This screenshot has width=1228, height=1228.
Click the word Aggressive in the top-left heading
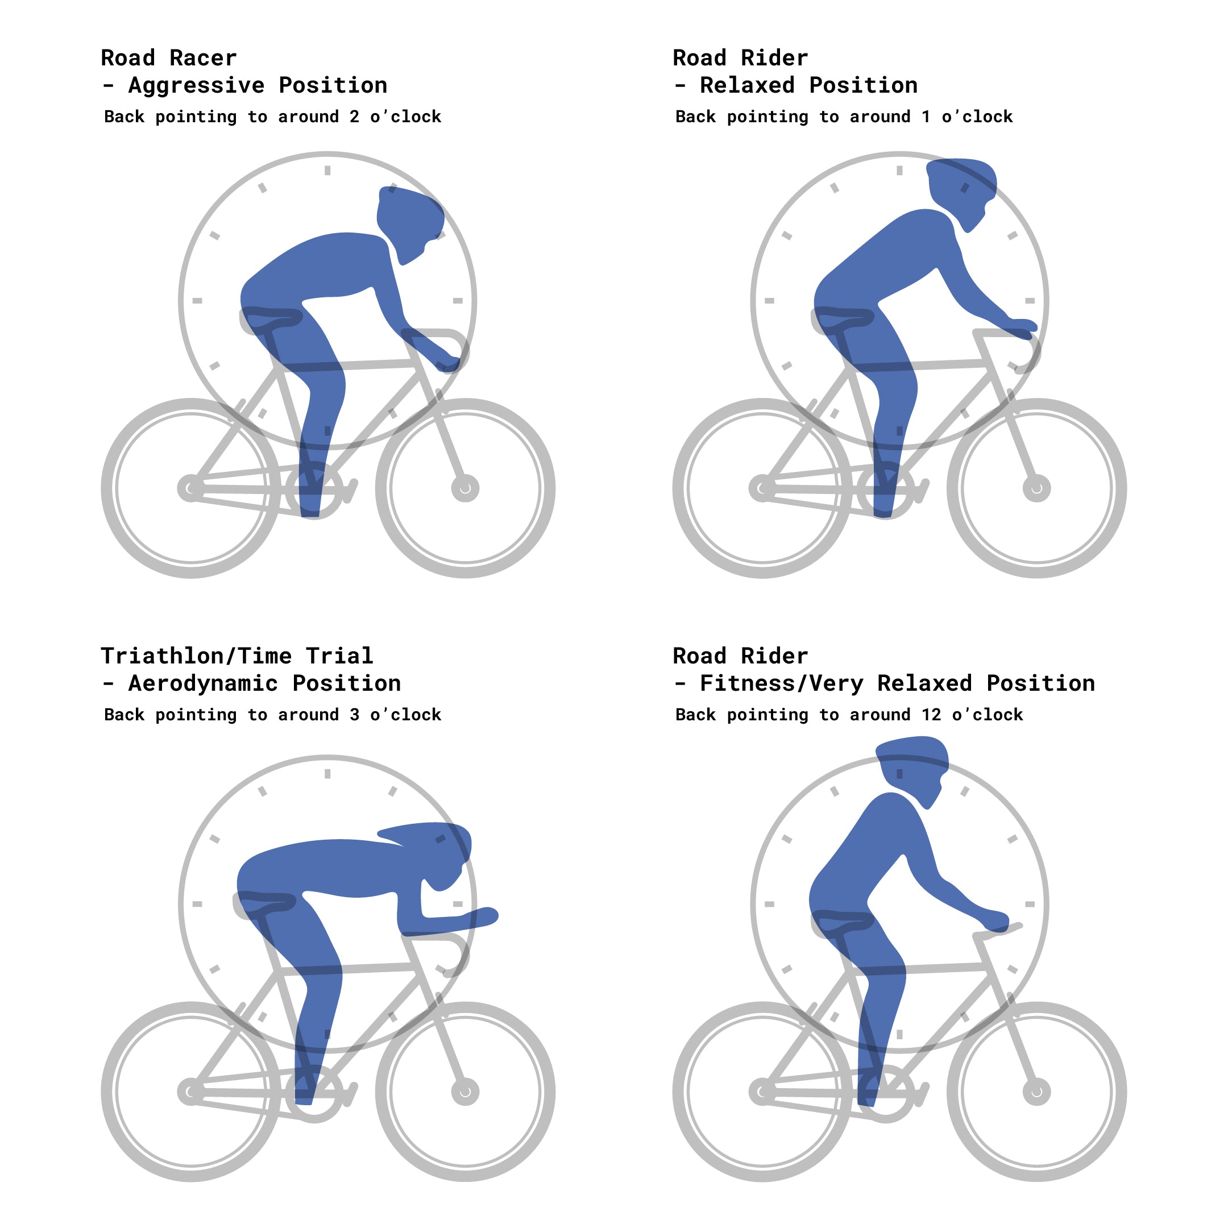click(196, 85)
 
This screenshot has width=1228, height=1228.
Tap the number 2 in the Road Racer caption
click(354, 117)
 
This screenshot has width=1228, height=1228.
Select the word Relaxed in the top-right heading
click(747, 85)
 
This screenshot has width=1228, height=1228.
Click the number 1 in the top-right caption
click(926, 117)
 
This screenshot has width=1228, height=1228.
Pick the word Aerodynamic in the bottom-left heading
click(204, 683)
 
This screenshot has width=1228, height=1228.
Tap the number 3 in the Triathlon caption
click(354, 715)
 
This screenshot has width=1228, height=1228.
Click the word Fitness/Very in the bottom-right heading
click(782, 683)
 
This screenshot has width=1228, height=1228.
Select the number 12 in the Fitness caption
click(931, 715)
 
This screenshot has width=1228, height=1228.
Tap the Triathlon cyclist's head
click(445, 849)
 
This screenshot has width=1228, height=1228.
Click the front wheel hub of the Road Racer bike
click(465, 488)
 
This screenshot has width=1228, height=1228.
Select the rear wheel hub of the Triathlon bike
click(189, 1092)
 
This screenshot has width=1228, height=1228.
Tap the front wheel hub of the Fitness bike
click(1036, 1092)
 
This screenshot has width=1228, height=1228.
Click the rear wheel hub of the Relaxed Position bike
click(761, 488)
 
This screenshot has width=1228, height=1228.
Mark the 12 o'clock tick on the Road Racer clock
click(327, 170)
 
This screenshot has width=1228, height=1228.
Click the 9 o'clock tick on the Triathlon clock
click(197, 904)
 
